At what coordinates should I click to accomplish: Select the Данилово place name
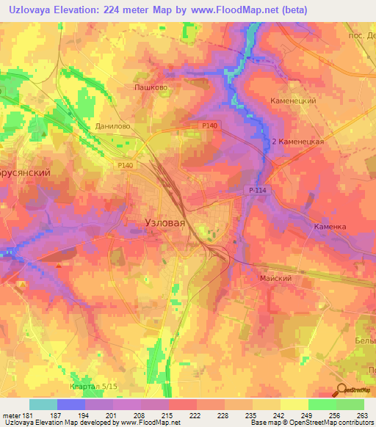pyautogui.click(x=112, y=125)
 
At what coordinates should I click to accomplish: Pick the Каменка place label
pyautogui.click(x=330, y=227)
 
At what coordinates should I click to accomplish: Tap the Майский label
pyautogui.click(x=275, y=279)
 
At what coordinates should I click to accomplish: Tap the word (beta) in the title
pyautogui.click(x=292, y=10)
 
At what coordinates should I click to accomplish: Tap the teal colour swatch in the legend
pyautogui.click(x=43, y=404)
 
